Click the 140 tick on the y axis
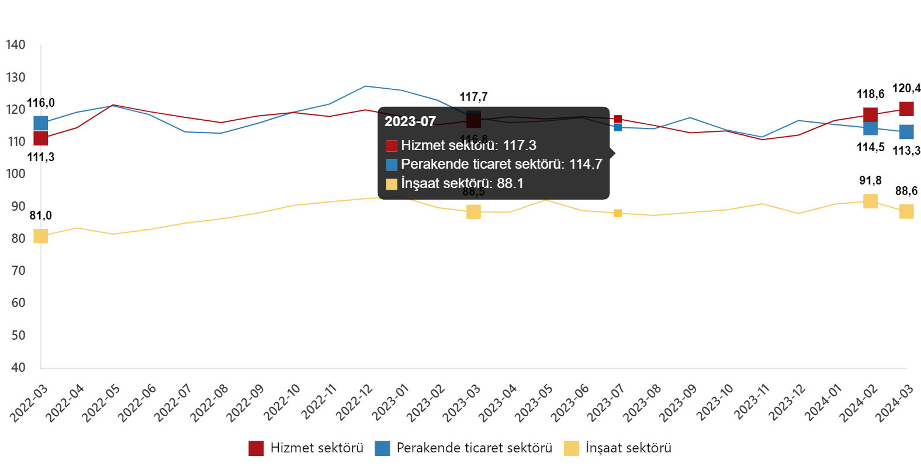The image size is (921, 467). point(15,45)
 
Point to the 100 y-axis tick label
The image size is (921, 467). point(15,174)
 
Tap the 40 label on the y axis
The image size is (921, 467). point(18,367)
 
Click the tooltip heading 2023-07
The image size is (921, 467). point(410,121)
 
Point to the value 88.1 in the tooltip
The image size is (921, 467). point(510,183)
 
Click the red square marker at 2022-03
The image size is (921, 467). point(41,138)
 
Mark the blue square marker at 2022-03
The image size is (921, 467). point(41,123)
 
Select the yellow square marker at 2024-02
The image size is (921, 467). point(870,201)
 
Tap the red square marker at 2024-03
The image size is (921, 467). point(906,109)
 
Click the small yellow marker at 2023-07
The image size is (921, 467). point(618,214)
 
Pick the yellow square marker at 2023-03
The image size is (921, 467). point(473,212)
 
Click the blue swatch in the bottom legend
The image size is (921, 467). point(382,448)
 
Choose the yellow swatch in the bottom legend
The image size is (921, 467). point(571,448)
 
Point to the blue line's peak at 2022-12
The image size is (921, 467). point(366,86)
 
